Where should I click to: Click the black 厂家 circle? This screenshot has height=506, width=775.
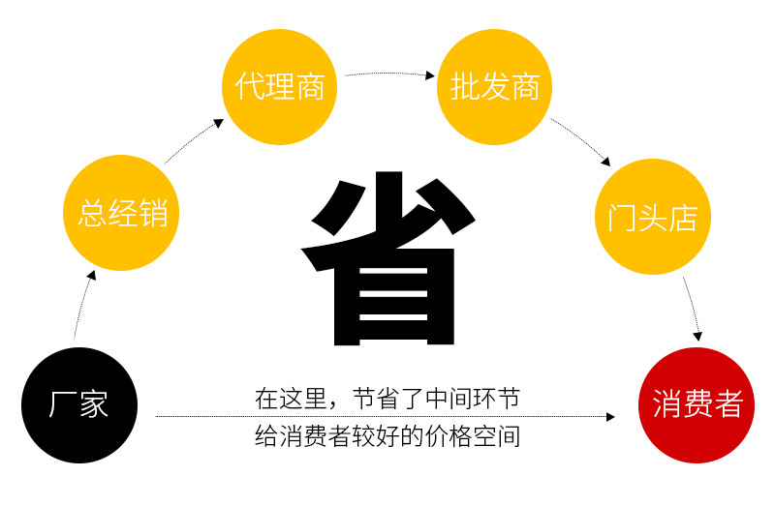click(x=79, y=404)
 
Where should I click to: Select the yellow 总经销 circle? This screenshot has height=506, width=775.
click(x=122, y=212)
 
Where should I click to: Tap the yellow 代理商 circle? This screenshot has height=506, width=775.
click(x=280, y=85)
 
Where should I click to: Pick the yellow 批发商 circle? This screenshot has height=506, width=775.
click(x=495, y=85)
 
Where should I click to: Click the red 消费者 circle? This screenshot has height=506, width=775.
click(x=697, y=404)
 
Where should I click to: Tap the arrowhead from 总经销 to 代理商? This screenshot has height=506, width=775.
click(x=218, y=124)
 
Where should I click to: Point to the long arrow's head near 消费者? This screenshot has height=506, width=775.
click(x=610, y=417)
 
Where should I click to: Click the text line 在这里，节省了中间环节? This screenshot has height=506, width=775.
click(x=387, y=398)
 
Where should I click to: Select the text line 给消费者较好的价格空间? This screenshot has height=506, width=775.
click(x=387, y=436)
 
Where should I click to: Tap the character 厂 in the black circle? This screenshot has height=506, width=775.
click(x=62, y=404)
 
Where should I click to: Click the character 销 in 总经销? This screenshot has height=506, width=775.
click(x=152, y=212)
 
